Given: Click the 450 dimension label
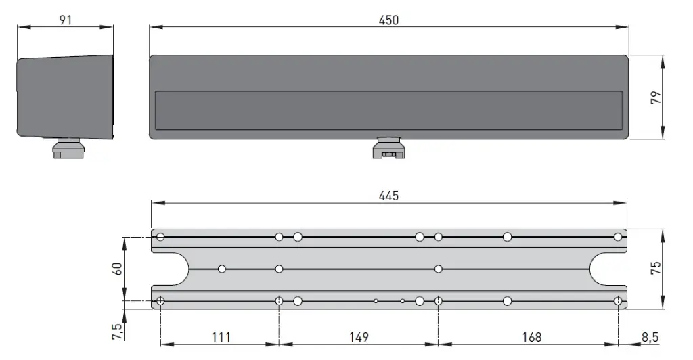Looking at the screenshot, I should click(388, 20).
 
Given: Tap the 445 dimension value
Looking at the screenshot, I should click(388, 196).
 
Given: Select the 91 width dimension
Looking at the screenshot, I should click(65, 20).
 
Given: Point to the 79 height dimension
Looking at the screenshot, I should click(654, 97).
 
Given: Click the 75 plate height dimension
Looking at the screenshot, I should click(654, 268).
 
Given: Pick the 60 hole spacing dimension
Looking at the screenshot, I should click(117, 268).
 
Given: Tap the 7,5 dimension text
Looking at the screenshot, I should click(117, 332).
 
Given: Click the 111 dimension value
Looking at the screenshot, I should click(221, 336).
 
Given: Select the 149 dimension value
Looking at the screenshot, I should click(359, 336).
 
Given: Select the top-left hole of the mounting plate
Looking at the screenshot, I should click(160, 237).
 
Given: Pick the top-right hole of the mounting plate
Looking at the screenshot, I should click(618, 237).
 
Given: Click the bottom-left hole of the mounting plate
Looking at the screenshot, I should click(160, 301).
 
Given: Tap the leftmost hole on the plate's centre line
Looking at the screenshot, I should click(222, 269).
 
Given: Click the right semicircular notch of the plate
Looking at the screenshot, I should click(606, 269).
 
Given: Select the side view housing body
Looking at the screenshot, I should click(65, 97).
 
